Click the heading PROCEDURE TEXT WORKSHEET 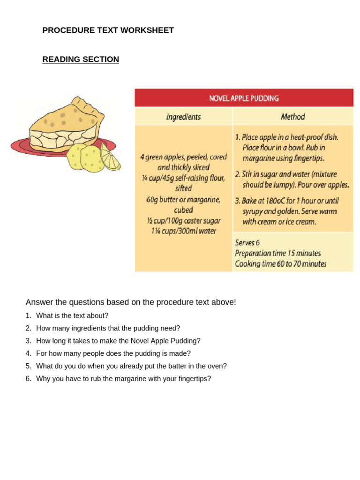[x=108, y=30]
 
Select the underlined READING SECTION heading [x=81, y=60]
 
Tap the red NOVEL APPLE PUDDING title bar [x=244, y=98]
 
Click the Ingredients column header [x=183, y=117]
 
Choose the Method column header [x=292, y=117]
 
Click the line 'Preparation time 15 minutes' [x=277, y=253]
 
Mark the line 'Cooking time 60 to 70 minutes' [x=280, y=264]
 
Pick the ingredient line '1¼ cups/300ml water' [x=183, y=231]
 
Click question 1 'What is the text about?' [x=72, y=316]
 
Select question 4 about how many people [x=113, y=353]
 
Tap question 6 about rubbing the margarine [x=123, y=379]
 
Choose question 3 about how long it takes [x=118, y=341]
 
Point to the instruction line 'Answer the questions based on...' [x=131, y=302]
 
